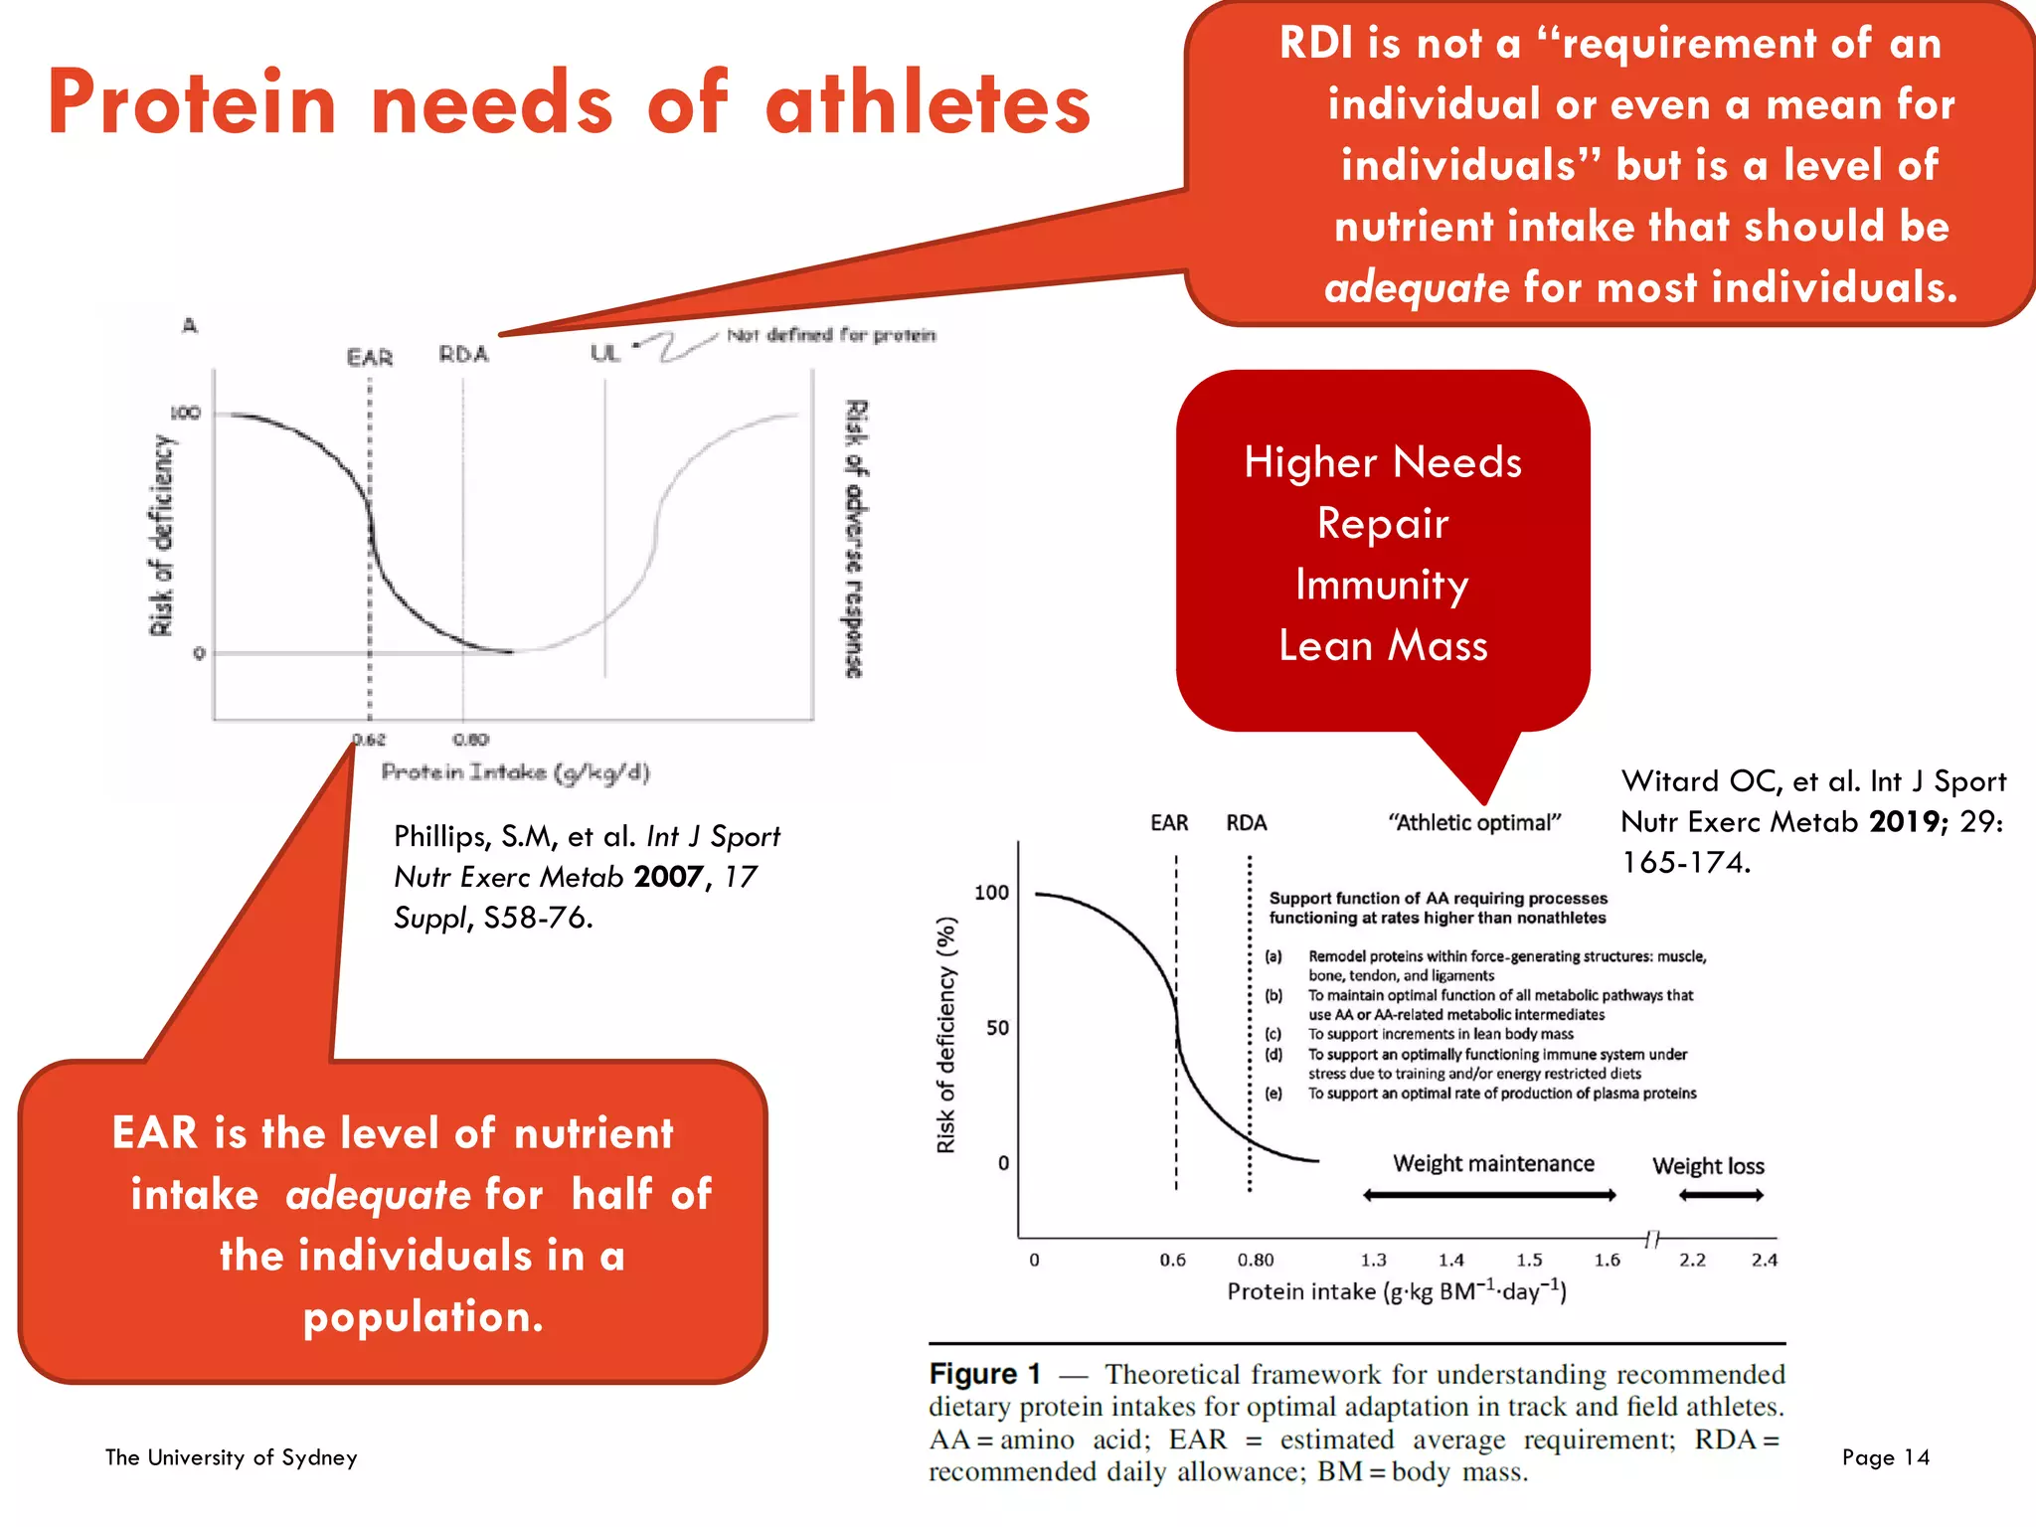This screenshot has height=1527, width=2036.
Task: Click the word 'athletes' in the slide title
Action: pos(928,103)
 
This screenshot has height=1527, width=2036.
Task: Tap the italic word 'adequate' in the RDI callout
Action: pos(1417,288)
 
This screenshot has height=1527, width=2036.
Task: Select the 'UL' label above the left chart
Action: pos(604,353)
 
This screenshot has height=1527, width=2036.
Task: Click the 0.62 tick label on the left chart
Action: pos(369,740)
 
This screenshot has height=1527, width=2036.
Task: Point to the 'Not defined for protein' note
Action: pos(831,335)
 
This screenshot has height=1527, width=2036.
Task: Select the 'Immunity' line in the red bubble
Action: pos(1382,585)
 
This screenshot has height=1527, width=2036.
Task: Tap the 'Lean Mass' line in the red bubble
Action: pos(1383,646)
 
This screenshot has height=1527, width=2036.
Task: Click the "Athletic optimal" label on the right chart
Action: pos(1474,823)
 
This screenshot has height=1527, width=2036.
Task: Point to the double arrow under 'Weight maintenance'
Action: pos(1488,1195)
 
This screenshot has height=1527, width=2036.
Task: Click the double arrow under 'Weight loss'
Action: pos(1721,1195)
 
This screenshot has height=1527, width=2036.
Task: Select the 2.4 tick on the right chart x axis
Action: pos(1765,1261)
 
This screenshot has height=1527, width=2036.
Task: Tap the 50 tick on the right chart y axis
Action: pos(997,1028)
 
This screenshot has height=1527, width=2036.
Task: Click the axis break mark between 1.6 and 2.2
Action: pos(1651,1239)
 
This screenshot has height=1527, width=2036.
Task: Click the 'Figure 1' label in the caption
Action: pos(984,1374)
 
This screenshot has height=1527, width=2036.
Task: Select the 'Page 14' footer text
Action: pos(1885,1457)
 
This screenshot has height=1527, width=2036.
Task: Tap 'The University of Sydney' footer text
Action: pos(231,1457)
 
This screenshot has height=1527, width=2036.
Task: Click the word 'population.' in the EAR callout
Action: pos(424,1317)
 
